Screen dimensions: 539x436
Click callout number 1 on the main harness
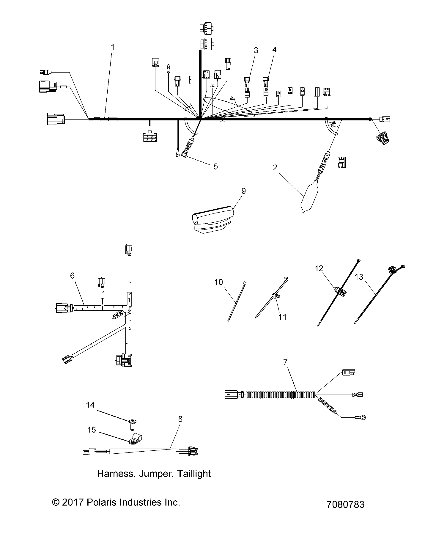tap(113, 47)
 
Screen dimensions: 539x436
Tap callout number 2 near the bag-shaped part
tap(275, 168)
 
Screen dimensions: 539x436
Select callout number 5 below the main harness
tap(215, 166)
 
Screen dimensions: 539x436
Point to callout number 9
tap(243, 191)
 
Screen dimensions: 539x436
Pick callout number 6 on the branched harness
tap(72, 276)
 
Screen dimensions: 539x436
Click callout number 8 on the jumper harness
tap(180, 419)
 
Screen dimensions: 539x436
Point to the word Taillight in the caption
tap(193, 473)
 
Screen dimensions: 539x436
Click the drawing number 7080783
tap(345, 504)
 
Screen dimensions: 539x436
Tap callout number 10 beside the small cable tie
tap(218, 282)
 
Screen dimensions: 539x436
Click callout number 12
tap(319, 268)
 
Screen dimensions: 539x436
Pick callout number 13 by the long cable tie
tap(359, 277)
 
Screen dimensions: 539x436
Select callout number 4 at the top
tap(274, 49)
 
